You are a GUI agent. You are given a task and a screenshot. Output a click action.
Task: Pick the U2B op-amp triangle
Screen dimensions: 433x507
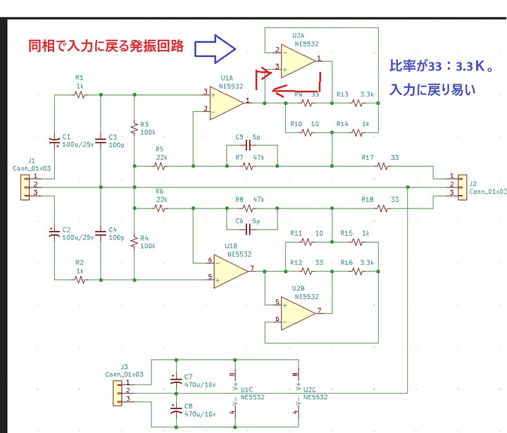[x=299, y=312]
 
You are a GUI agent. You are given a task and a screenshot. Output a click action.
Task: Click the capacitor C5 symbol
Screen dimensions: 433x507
[x=248, y=146]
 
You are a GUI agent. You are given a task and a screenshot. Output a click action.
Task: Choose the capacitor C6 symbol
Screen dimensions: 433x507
[x=248, y=229]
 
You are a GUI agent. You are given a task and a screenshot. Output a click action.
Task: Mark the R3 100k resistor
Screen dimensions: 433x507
[x=134, y=127]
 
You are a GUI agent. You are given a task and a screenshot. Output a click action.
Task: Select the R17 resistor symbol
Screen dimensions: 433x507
[x=383, y=166]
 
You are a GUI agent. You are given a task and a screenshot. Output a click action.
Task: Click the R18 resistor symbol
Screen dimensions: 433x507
[x=383, y=208]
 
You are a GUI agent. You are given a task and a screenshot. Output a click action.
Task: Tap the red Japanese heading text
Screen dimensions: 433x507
[x=106, y=46]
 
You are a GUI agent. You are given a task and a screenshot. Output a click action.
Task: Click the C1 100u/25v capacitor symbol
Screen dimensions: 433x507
[x=54, y=140]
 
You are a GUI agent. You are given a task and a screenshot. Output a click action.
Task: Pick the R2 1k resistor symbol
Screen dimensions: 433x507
[x=80, y=280]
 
